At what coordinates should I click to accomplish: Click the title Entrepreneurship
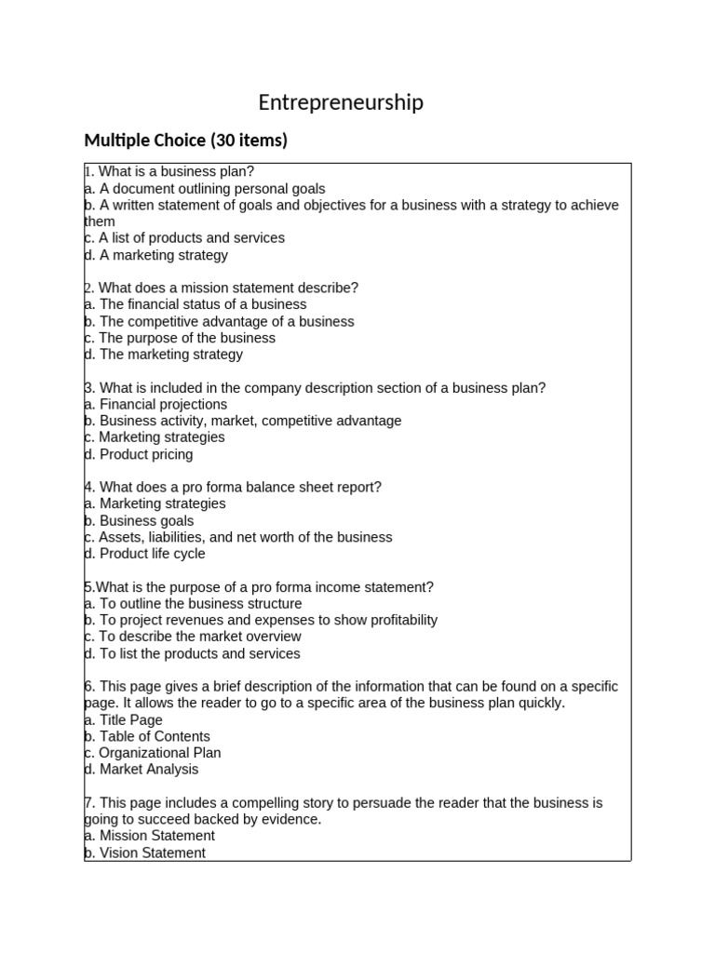[x=341, y=102]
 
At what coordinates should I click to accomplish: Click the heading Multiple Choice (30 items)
[x=185, y=141]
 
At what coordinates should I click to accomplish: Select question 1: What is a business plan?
[x=169, y=171]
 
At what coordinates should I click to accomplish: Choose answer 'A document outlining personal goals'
[x=205, y=188]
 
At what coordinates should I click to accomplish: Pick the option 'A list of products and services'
[x=184, y=237]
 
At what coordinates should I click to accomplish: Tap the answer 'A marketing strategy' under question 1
[x=156, y=255]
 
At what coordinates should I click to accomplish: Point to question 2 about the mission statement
[x=222, y=288]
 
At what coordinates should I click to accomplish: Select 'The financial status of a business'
[x=196, y=304]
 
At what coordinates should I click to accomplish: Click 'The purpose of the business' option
[x=180, y=338]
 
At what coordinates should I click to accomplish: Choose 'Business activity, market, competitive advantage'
[x=243, y=421]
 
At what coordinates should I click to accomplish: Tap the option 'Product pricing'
[x=139, y=454]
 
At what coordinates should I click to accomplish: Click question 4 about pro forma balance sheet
[x=233, y=487]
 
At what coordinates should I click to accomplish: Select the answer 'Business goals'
[x=140, y=521]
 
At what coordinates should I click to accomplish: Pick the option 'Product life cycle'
[x=145, y=554]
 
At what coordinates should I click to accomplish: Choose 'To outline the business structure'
[x=193, y=603]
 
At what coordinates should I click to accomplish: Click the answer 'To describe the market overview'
[x=193, y=637]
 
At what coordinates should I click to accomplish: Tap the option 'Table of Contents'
[x=148, y=736]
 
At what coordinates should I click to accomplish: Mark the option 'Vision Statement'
[x=145, y=852]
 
